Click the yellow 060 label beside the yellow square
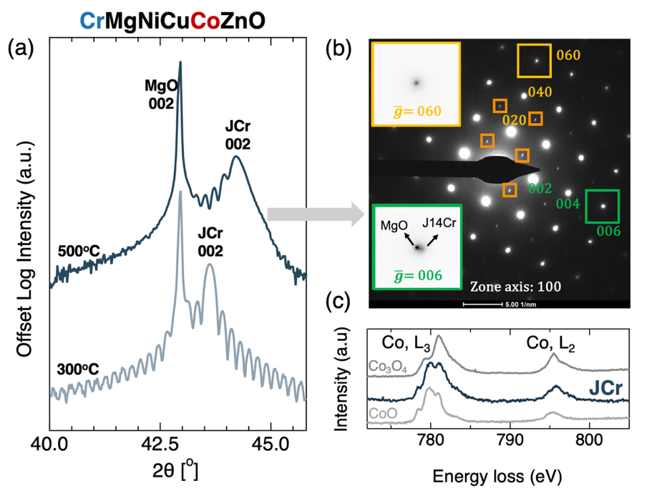coord(567,55)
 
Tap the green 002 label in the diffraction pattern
coord(541,189)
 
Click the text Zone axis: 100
coord(515,287)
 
